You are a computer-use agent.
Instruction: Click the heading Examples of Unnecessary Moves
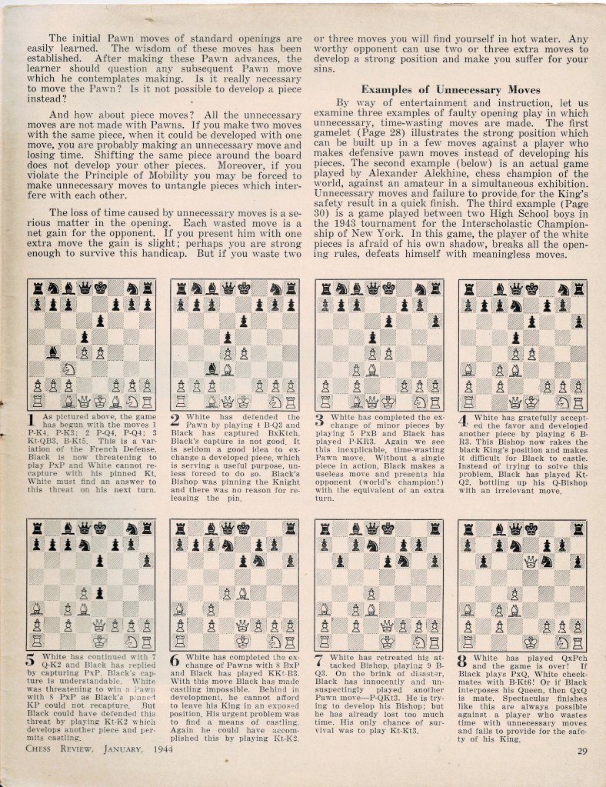(451, 89)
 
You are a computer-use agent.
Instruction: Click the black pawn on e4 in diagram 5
(100, 592)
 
